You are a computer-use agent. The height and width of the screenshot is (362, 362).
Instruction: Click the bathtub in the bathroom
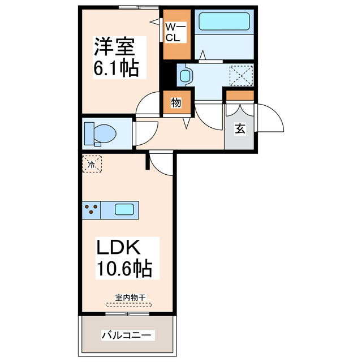(x=225, y=21)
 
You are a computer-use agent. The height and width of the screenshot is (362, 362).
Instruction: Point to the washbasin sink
(x=186, y=74)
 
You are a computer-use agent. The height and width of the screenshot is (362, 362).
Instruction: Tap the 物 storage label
(x=175, y=103)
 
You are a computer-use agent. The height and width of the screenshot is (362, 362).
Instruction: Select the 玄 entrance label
(x=240, y=129)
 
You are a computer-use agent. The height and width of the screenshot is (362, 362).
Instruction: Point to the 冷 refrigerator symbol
(x=92, y=165)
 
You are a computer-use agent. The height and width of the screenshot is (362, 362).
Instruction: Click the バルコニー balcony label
(x=127, y=335)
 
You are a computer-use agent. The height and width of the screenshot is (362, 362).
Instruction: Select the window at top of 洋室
(x=139, y=7)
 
